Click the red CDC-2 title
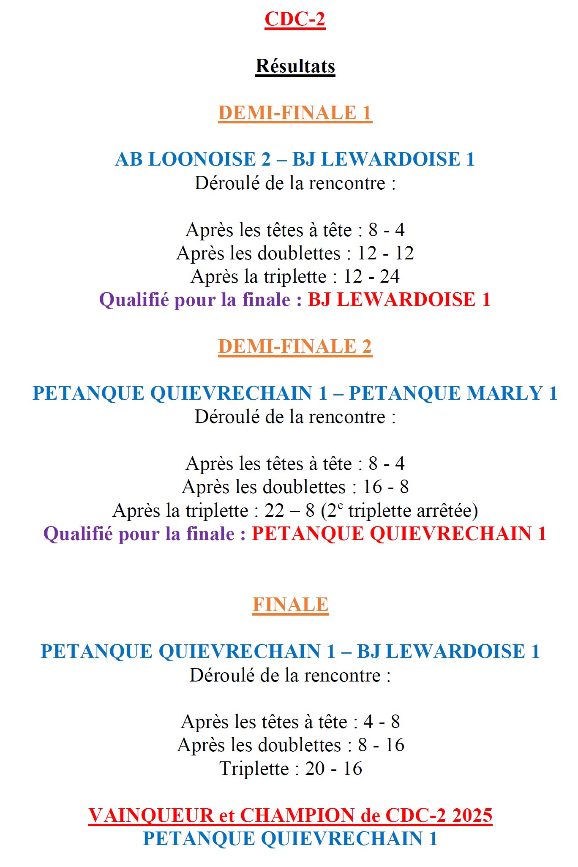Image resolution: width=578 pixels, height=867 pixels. [x=294, y=19]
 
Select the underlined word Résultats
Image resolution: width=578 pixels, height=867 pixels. [x=295, y=66]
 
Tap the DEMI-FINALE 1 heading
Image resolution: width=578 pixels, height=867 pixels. [x=295, y=113]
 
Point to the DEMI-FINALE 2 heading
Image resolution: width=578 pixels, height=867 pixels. [x=295, y=346]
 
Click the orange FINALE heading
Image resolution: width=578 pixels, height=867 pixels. [x=290, y=605]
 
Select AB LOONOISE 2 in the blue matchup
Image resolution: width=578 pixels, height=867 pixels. [x=193, y=160]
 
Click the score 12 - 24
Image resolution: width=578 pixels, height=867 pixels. [x=371, y=277]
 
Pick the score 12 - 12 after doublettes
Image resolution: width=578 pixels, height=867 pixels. [x=385, y=254]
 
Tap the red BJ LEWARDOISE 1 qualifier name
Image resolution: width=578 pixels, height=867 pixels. [x=399, y=300]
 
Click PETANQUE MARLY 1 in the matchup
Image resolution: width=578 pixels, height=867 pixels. [x=453, y=393]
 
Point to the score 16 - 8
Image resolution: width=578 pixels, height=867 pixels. [x=386, y=487]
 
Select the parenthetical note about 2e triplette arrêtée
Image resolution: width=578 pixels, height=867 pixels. [x=399, y=510]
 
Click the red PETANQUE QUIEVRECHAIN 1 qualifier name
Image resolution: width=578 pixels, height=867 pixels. [x=399, y=534]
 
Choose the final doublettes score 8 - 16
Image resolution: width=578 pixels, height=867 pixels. [x=381, y=745]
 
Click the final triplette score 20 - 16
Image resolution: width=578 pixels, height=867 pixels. [x=333, y=769]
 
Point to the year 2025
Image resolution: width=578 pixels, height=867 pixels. [x=472, y=815]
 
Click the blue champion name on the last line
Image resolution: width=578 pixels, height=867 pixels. [x=290, y=839]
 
